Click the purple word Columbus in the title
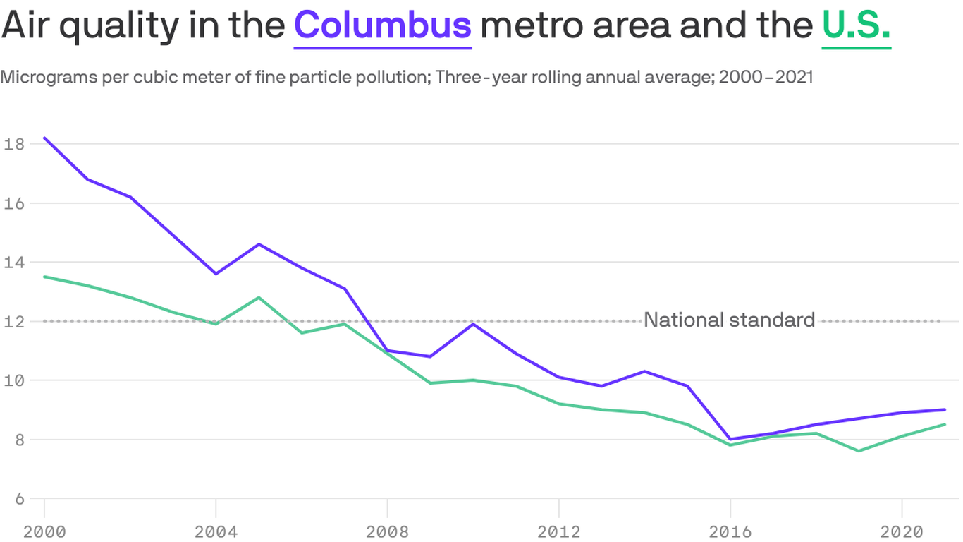382,25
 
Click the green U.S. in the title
856,25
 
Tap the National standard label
729,320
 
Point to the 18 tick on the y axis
14,144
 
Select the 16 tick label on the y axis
14,203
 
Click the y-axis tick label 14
14,263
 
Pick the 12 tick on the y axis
14,321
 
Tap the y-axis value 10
14,380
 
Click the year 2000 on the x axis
44,530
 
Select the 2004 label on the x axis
216,530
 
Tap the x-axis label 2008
387,530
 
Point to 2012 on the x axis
558,530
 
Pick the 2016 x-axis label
730,530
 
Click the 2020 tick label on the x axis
902,530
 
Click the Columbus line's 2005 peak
259,244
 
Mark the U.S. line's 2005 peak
259,298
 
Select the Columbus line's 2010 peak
473,324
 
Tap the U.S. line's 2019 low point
859,451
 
